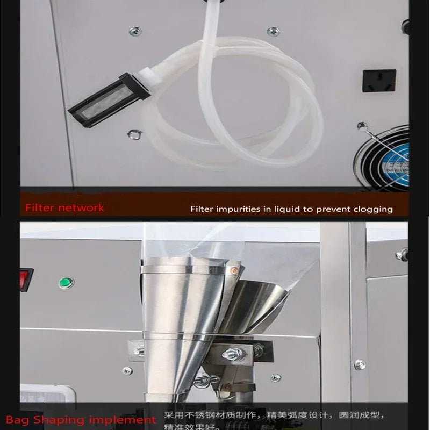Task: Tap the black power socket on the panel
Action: pyautogui.click(x=379, y=80)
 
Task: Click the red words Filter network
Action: pyautogui.click(x=64, y=207)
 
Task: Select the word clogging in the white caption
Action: pyautogui.click(x=372, y=209)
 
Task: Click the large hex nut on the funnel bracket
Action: pyautogui.click(x=233, y=353)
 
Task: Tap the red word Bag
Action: pyautogui.click(x=16, y=419)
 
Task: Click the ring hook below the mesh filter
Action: pyautogui.click(x=134, y=133)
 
